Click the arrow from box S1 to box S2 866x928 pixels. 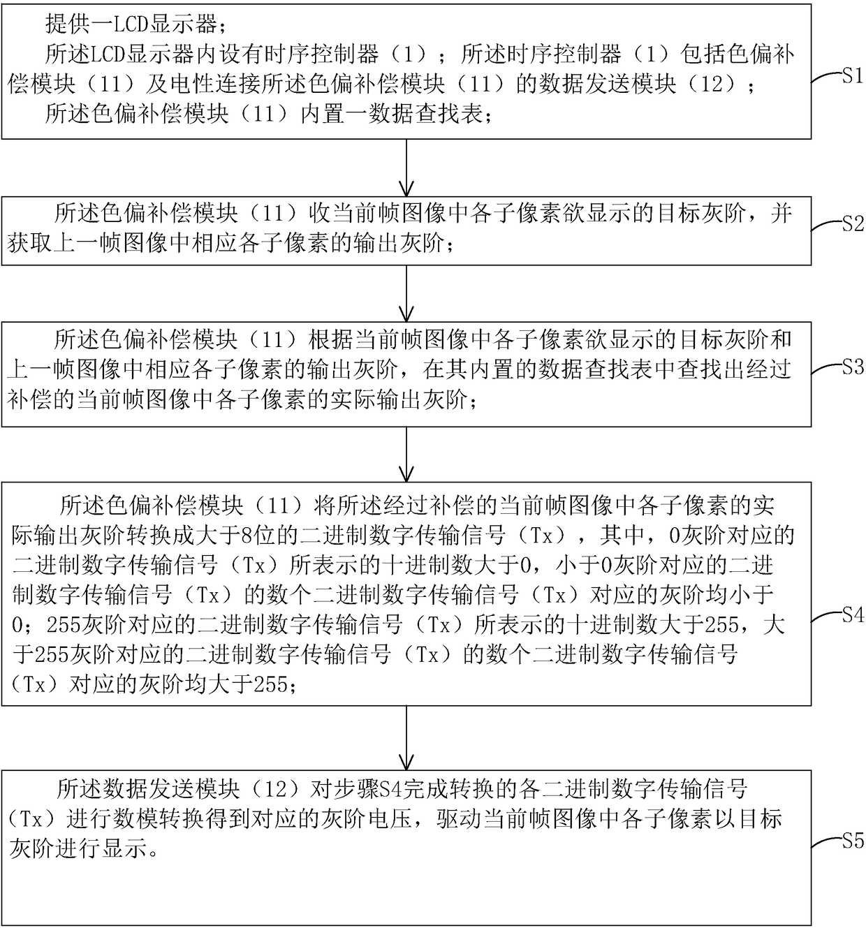(406, 168)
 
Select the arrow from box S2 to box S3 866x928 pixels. (406, 293)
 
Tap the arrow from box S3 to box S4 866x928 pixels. (406, 454)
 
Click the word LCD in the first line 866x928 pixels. (131, 24)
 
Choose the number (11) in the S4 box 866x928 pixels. (279, 505)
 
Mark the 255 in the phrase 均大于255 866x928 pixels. (270, 685)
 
